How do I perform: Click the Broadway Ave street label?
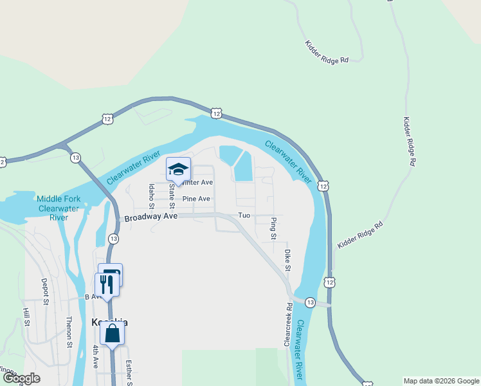point(150,217)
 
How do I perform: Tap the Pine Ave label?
point(196,199)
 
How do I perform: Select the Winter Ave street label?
point(197,183)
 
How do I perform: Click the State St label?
point(172,196)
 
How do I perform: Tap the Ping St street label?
point(273,228)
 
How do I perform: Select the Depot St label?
point(45,291)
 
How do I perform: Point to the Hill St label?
point(26,317)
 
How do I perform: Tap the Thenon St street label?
point(69,332)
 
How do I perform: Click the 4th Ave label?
point(95,356)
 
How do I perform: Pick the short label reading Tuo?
point(243,216)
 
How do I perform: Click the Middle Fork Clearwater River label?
point(59,208)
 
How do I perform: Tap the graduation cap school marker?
point(178,170)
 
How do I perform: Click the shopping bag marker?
point(112,333)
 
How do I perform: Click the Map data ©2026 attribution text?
point(442,381)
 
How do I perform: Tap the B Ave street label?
point(93,297)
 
